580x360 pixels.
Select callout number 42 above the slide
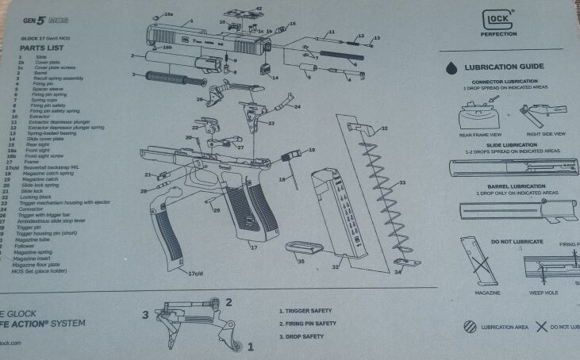259,9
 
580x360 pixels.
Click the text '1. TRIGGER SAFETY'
306,311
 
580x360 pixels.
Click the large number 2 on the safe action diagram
228,301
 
